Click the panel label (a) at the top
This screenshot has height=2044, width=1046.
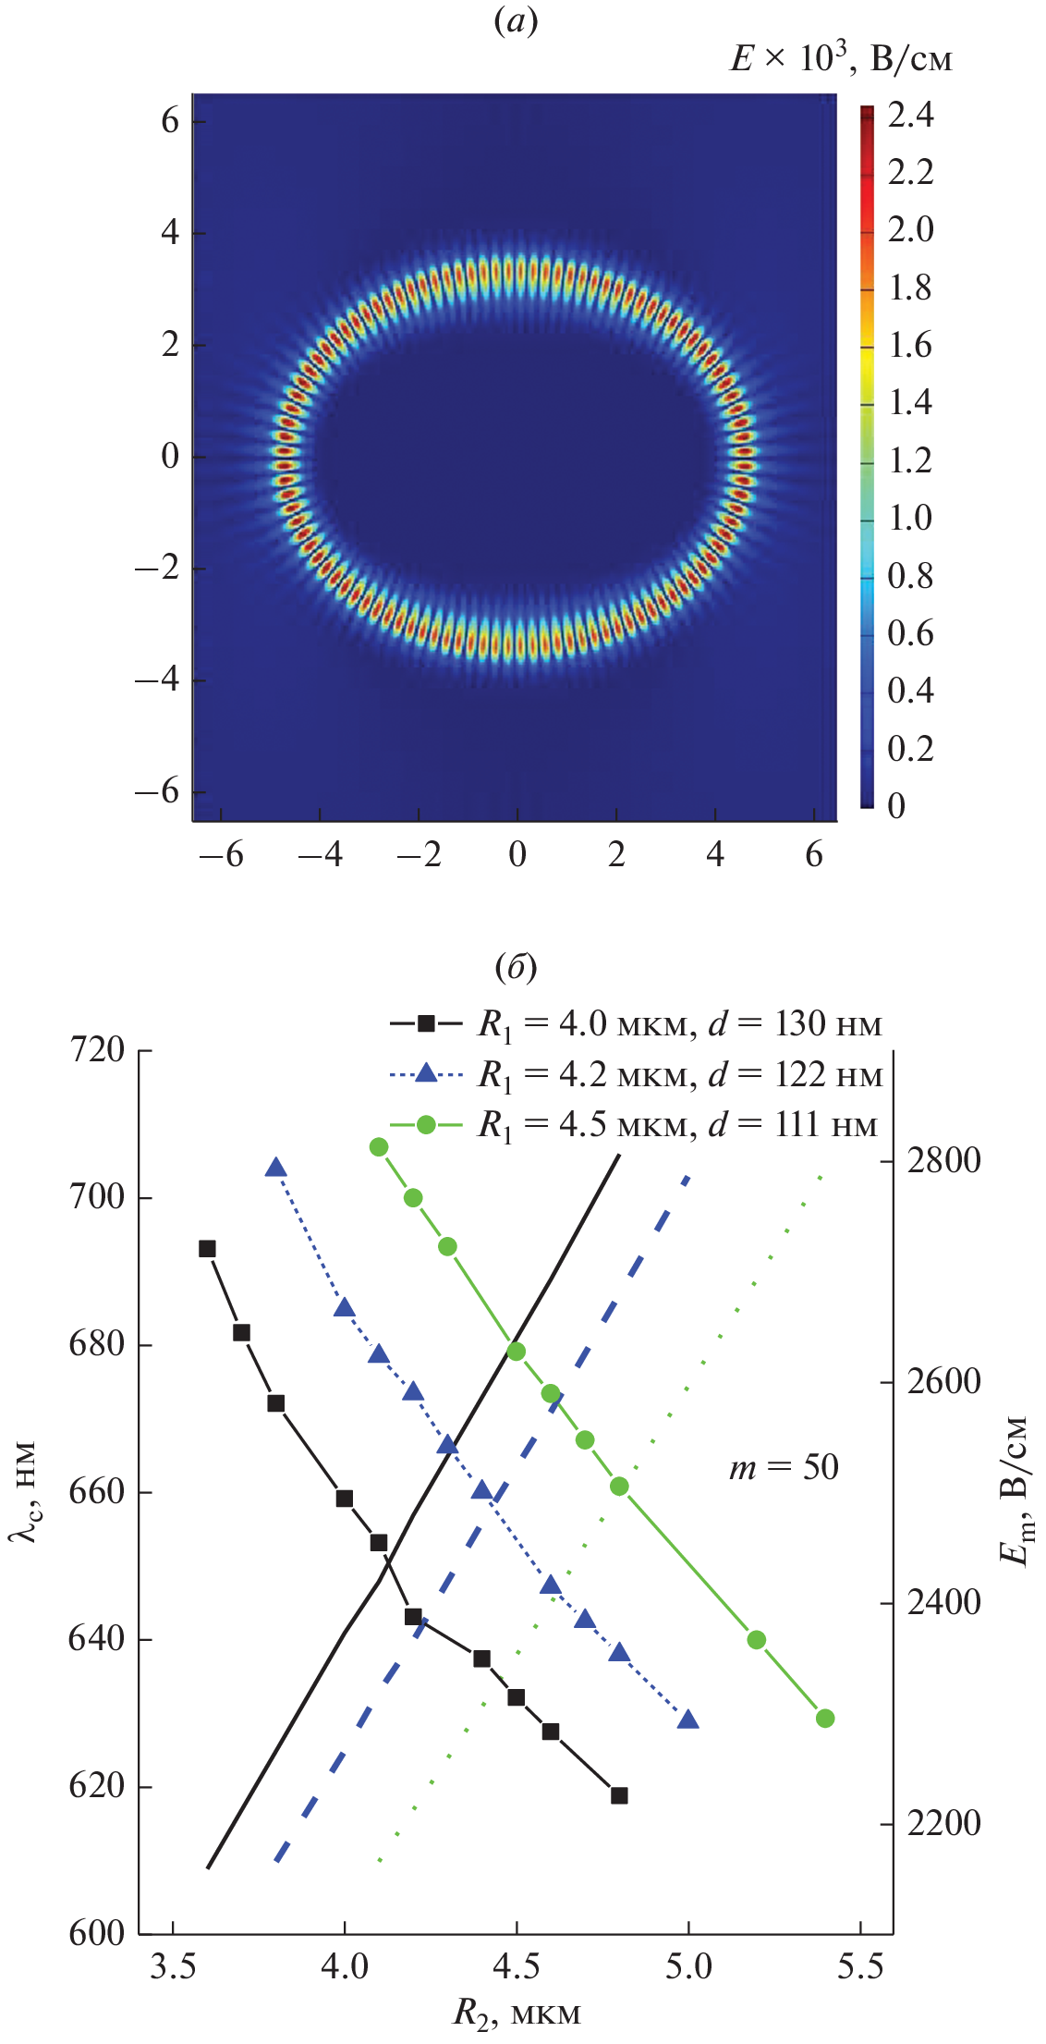tap(516, 21)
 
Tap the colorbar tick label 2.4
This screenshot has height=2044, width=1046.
tap(910, 115)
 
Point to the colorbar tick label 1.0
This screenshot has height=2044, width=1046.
tap(910, 518)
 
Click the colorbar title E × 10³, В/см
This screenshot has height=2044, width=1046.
tap(840, 59)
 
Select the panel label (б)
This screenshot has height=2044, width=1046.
tap(516, 967)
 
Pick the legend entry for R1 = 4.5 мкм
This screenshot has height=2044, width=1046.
tap(634, 1125)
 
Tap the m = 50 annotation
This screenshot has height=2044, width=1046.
tap(784, 1467)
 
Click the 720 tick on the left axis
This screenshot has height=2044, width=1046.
tap(97, 1050)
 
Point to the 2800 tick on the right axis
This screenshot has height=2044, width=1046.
tap(943, 1160)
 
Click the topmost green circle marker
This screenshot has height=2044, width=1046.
tap(379, 1147)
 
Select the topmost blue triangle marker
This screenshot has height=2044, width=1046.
tap(275, 1168)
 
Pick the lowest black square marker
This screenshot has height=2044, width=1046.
tap(619, 1795)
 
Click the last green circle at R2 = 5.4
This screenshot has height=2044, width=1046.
tap(825, 1719)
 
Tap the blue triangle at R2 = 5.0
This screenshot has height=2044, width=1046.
tap(687, 1720)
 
